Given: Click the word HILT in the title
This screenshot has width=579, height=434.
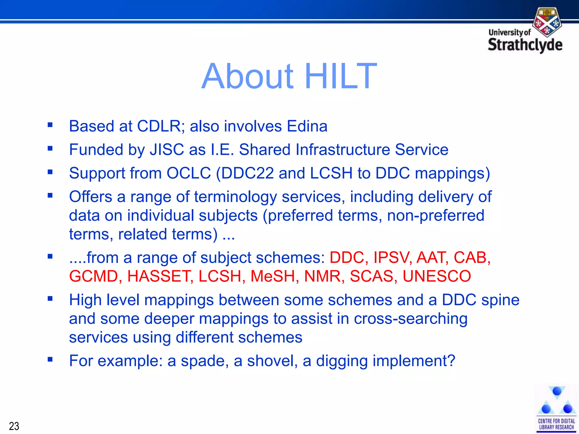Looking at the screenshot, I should point(340,76).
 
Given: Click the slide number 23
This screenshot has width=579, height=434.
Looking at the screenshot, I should point(14,426).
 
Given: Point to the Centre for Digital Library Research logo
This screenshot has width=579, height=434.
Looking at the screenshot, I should point(556,408).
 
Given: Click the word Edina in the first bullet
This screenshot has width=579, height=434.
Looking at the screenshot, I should point(307,126).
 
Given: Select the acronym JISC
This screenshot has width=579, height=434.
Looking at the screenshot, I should point(167,149).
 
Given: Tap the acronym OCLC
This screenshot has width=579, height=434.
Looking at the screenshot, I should point(189,173).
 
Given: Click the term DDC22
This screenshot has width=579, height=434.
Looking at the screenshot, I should point(247,173).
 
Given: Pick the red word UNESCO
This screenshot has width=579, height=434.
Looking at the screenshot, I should point(437,276).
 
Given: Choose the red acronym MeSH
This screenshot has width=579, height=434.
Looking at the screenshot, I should point(273,276).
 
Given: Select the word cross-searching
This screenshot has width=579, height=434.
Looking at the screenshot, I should point(411,319).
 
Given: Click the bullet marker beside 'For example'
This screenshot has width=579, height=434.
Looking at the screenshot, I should point(50,359).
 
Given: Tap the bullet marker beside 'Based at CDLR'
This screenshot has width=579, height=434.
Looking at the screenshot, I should point(50,125).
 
